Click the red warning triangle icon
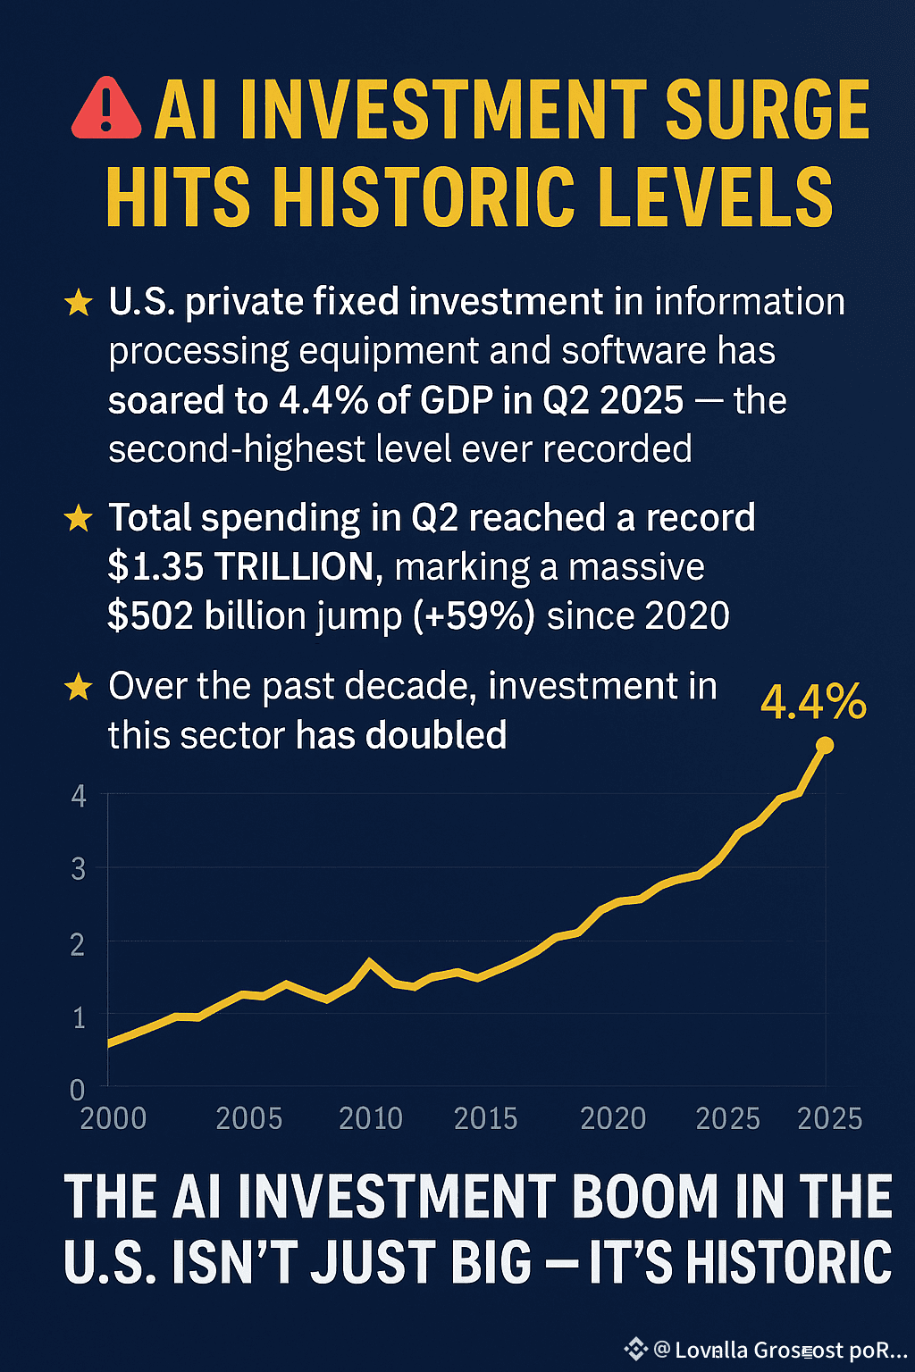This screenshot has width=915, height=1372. (x=106, y=110)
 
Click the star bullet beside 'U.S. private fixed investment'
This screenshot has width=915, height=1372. (x=79, y=303)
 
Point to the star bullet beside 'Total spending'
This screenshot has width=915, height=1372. (x=79, y=518)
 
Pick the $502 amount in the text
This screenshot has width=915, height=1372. (x=150, y=616)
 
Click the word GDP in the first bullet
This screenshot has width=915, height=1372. (x=456, y=400)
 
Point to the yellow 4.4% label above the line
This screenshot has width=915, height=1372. (x=813, y=702)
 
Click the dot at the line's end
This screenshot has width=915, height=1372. (x=825, y=745)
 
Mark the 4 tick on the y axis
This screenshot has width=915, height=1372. (x=79, y=795)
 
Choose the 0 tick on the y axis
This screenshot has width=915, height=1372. (x=78, y=1090)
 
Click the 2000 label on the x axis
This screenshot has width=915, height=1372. (x=113, y=1118)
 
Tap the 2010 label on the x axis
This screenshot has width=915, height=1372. (x=371, y=1118)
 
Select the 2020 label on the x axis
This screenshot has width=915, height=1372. (x=613, y=1118)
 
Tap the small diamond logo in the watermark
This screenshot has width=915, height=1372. (x=635, y=1349)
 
